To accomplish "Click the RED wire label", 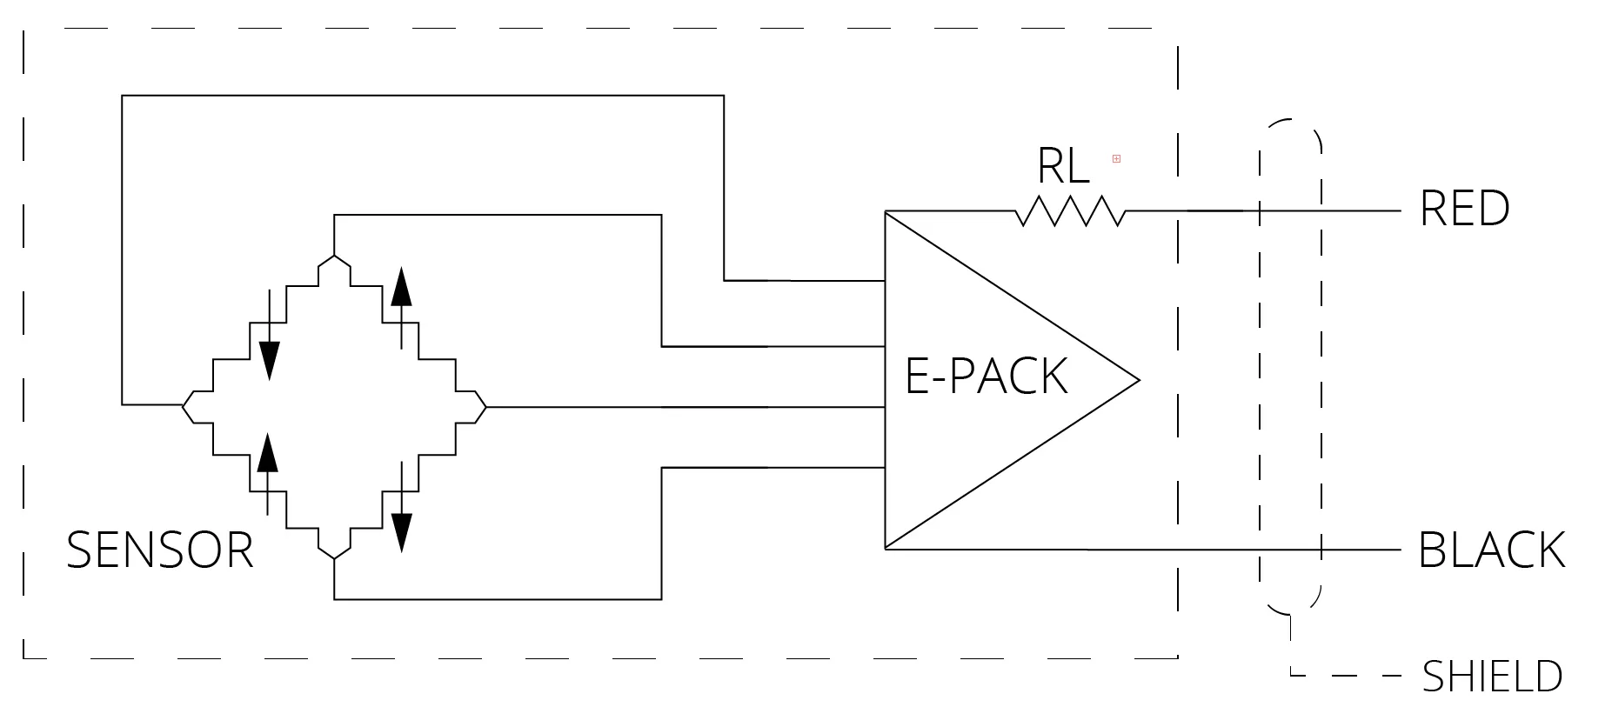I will [1464, 209].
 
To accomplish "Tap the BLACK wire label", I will [1491, 550].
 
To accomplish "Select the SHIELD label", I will [1492, 677].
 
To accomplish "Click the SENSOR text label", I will [160, 550].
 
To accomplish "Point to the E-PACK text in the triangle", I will [987, 376].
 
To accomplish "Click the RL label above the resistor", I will [1063, 165].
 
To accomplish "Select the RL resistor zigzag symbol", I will [1070, 211].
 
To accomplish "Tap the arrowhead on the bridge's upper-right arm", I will [401, 287].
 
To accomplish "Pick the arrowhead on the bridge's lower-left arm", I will [268, 452].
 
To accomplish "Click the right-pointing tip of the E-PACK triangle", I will [1138, 380].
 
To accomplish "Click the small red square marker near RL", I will [1116, 158].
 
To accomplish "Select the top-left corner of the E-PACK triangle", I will [886, 212].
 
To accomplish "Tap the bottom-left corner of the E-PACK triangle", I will [886, 548].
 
